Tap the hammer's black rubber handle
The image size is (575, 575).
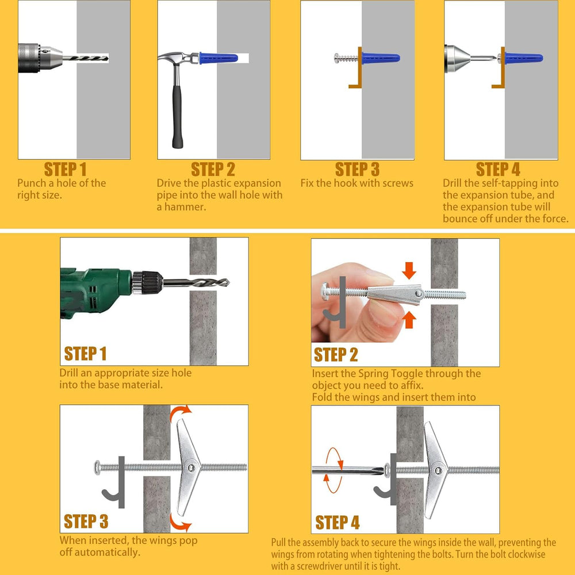click(x=177, y=117)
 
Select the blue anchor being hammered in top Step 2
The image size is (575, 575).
click(x=218, y=58)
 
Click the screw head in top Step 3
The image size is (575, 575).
click(x=336, y=58)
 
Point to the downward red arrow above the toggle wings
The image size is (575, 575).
click(x=409, y=270)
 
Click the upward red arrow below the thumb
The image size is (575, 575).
click(x=409, y=319)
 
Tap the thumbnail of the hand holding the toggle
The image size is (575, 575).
click(x=383, y=313)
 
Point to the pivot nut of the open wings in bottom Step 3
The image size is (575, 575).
click(x=191, y=467)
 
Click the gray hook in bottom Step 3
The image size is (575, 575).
click(x=115, y=484)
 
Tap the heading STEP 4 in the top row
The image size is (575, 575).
click(x=498, y=170)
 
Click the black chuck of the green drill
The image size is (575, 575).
click(x=147, y=282)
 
